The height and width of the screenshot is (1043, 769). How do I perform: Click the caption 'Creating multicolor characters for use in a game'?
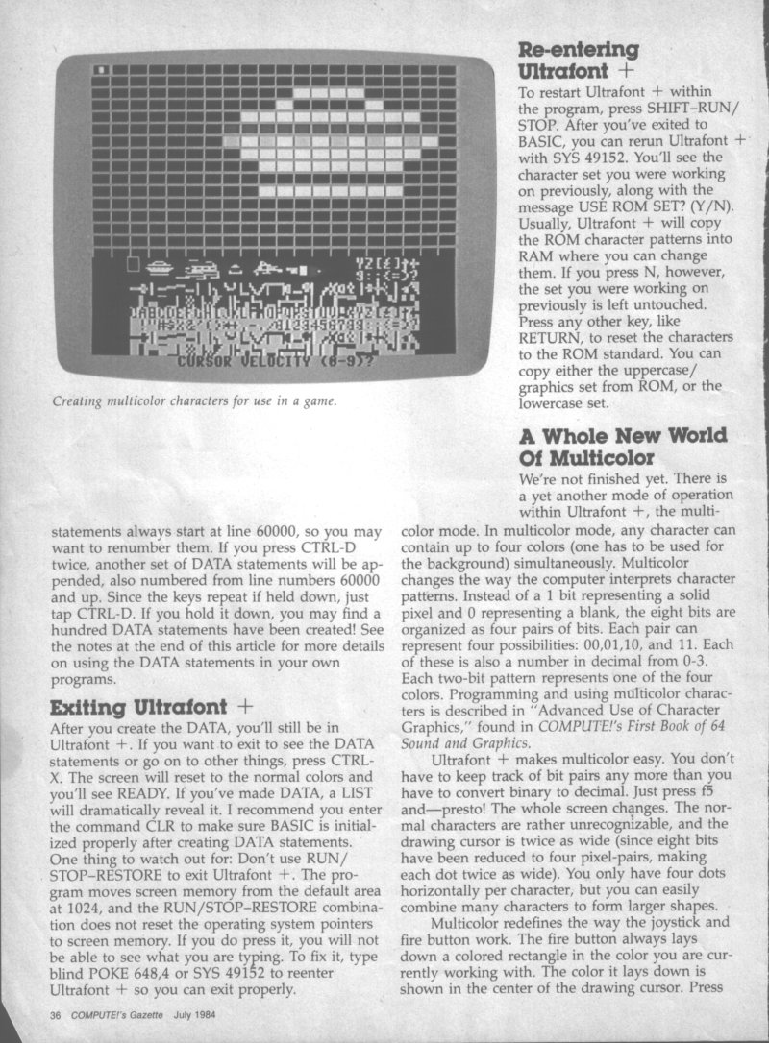(x=182, y=400)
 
